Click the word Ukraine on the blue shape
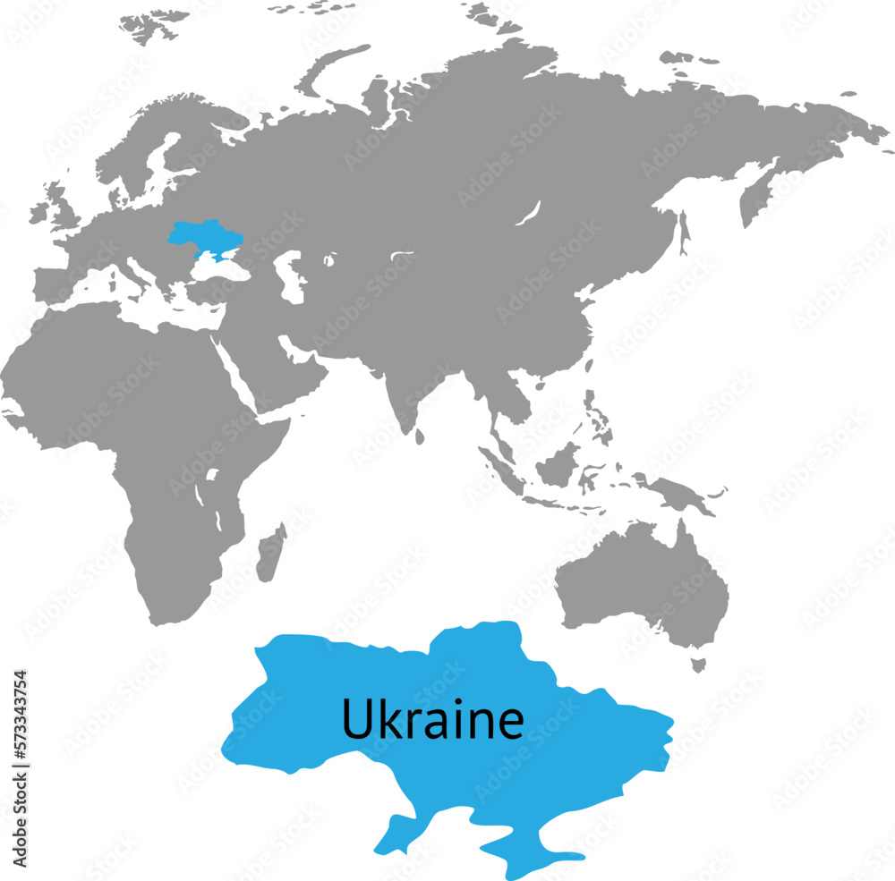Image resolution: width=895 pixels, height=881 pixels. coord(432,718)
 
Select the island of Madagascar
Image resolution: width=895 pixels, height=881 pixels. coord(270,553)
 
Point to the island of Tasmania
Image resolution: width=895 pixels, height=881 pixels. coord(698,665)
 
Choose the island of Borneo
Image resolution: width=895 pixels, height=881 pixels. coord(558,465)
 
